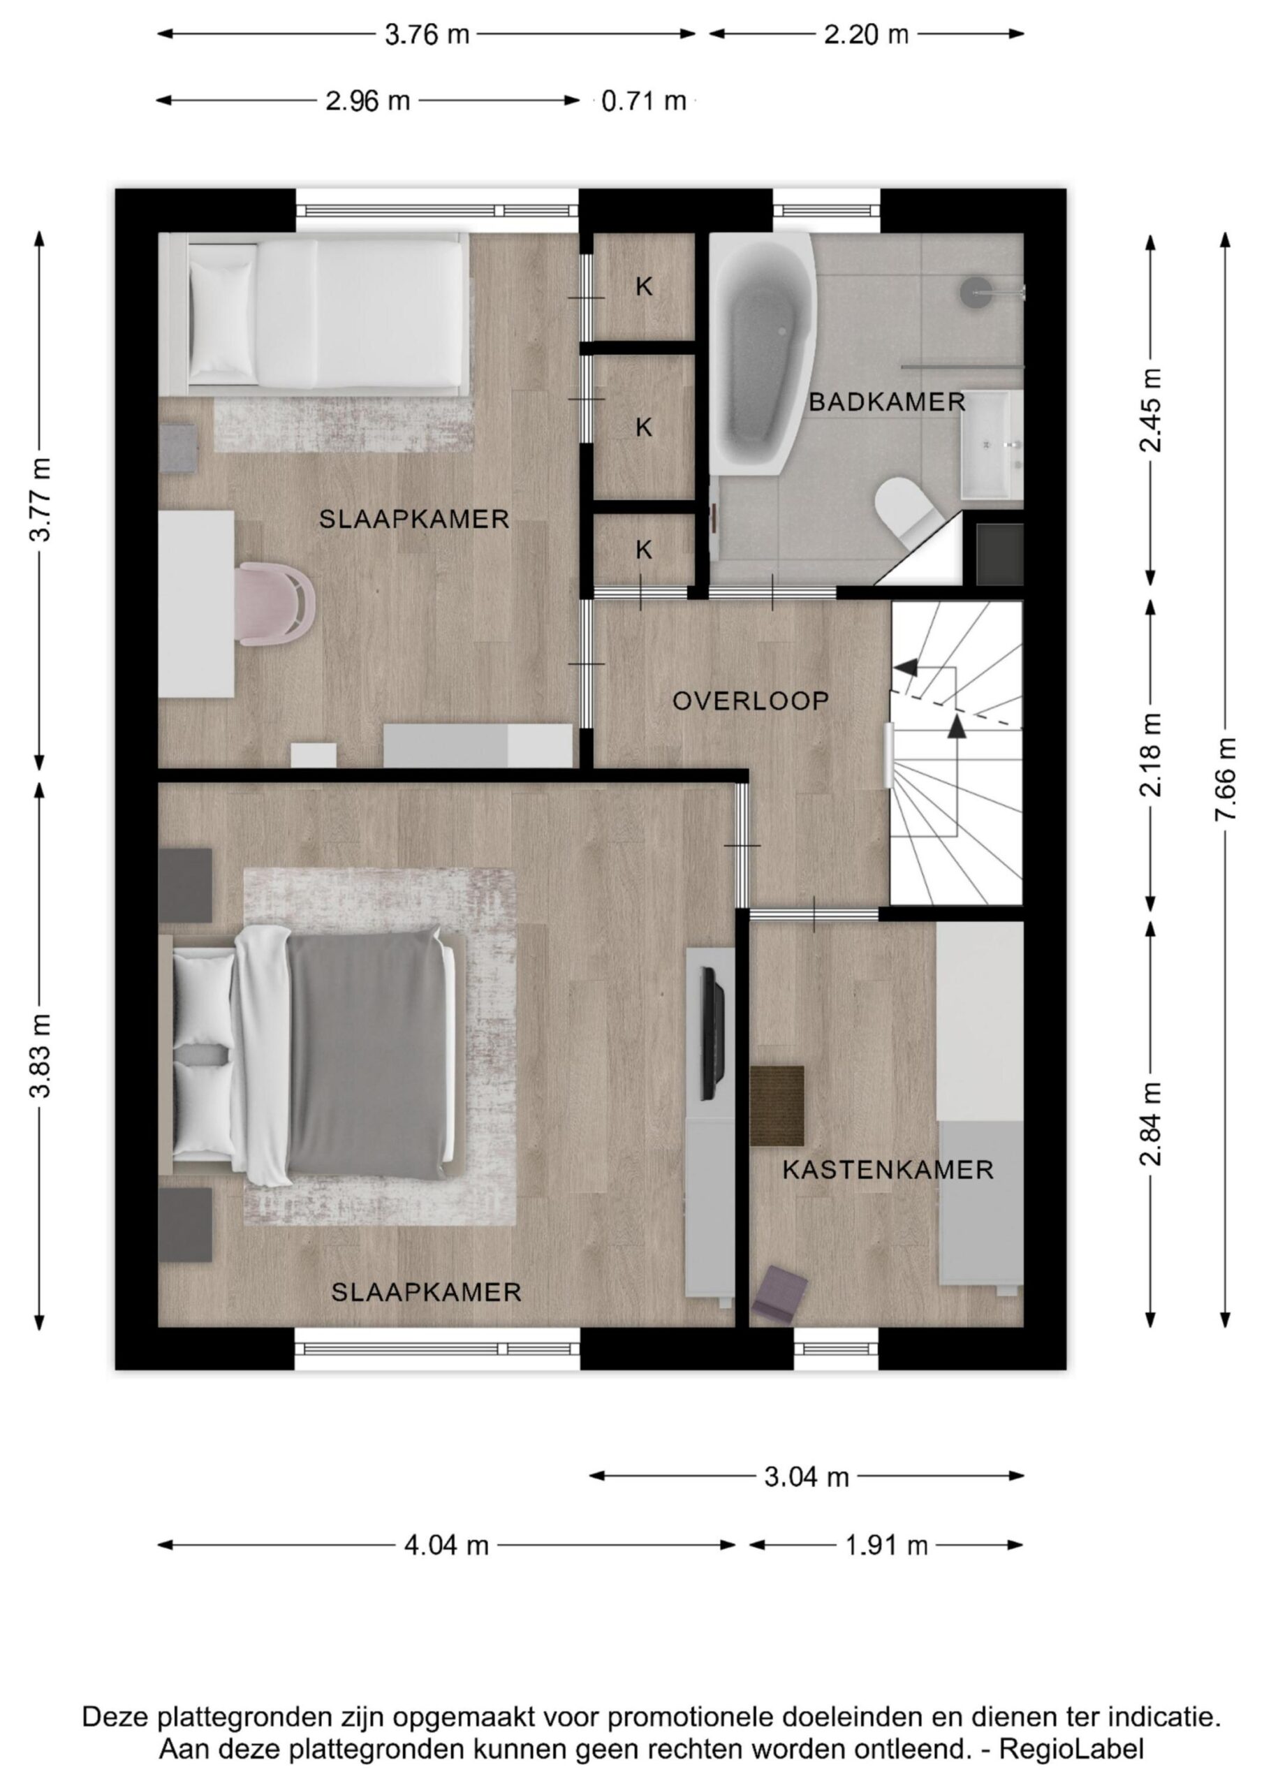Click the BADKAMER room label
887,402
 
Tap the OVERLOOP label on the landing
751,701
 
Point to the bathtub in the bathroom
762,353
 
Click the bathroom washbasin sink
992,444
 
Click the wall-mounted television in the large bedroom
712,1034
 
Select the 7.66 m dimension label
1225,779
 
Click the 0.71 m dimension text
644,101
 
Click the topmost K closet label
644,287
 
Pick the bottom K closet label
644,550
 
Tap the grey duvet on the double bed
370,1055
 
